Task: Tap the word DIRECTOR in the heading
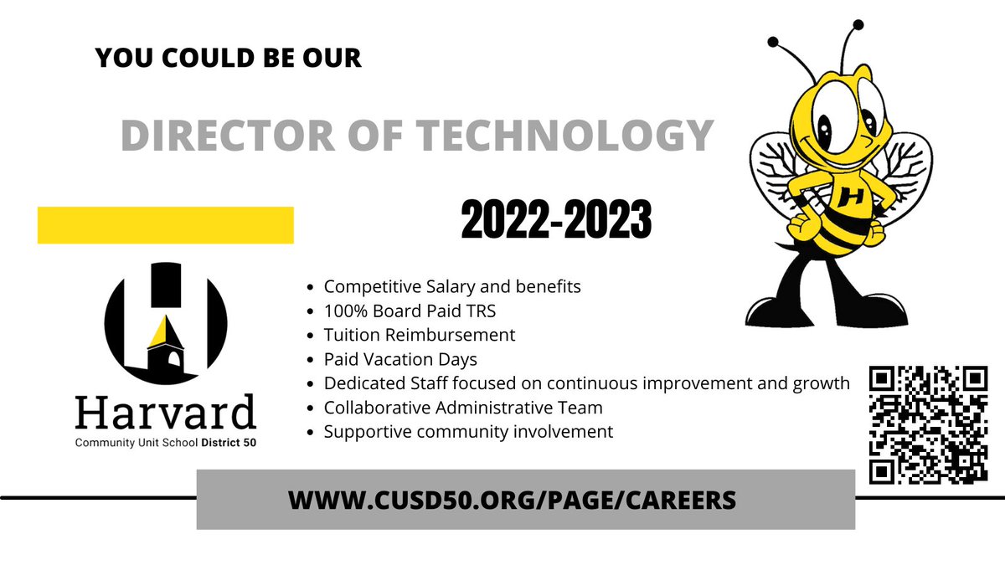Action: pyautogui.click(x=223, y=135)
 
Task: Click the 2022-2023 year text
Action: pyautogui.click(x=556, y=221)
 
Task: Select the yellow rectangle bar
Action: pyautogui.click(x=166, y=225)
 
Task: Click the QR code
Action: pyautogui.click(x=927, y=425)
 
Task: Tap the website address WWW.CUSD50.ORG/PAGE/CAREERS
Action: pyautogui.click(x=512, y=500)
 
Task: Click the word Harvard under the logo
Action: pyautogui.click(x=165, y=413)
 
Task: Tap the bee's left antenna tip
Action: pyautogui.click(x=774, y=39)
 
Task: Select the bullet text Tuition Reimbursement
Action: pyautogui.click(x=420, y=335)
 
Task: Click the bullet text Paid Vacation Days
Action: pyautogui.click(x=400, y=359)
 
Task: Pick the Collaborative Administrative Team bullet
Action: pyautogui.click(x=463, y=408)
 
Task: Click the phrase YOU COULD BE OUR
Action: pyautogui.click(x=229, y=58)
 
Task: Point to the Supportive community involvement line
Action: pyautogui.click(x=468, y=432)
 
